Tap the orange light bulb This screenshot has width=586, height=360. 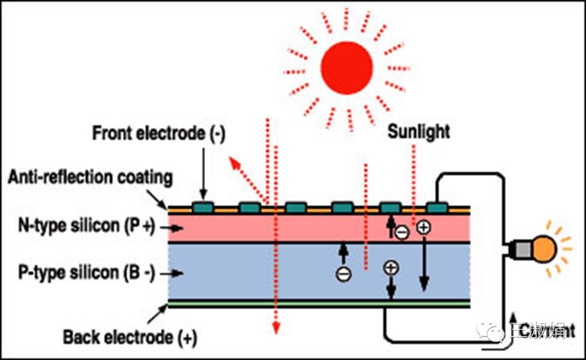[543, 247]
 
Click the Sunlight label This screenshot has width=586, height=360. [418, 131]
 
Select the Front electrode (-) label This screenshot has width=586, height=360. [158, 133]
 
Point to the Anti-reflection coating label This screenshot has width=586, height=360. [90, 178]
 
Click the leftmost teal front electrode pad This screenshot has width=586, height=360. [203, 208]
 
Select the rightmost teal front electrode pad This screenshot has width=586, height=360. [437, 208]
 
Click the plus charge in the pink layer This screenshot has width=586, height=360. [423, 227]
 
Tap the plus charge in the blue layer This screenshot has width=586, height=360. [390, 268]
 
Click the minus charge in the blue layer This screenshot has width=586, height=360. [343, 274]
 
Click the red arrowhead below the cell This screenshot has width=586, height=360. [275, 328]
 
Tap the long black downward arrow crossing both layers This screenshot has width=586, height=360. [424, 264]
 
